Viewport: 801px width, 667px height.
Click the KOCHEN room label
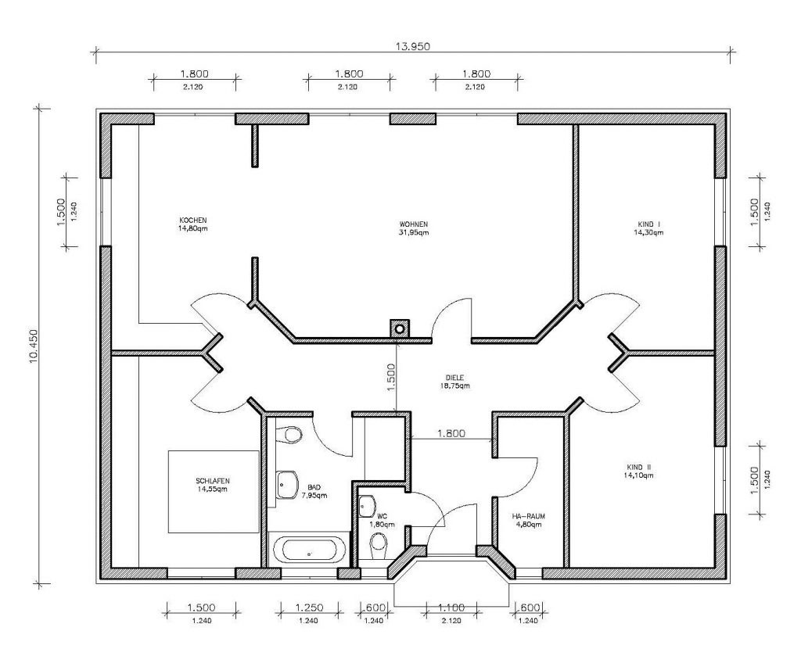(193, 221)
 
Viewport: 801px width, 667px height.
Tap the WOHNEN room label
(414, 224)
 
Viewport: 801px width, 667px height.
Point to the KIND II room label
(638, 467)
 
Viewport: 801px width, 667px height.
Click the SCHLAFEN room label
(213, 481)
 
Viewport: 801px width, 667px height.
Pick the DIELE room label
(454, 378)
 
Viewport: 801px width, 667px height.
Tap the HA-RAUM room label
(528, 516)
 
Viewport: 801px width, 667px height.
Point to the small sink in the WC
(368, 505)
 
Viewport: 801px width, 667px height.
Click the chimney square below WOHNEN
(400, 328)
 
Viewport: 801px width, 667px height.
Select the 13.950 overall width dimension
(413, 46)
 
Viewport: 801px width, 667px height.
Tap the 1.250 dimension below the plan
(309, 608)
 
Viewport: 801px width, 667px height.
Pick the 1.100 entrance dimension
(451, 608)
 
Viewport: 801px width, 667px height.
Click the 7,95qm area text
(314, 496)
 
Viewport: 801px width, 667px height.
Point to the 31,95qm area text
(414, 232)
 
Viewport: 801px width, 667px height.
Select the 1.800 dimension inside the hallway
(451, 434)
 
